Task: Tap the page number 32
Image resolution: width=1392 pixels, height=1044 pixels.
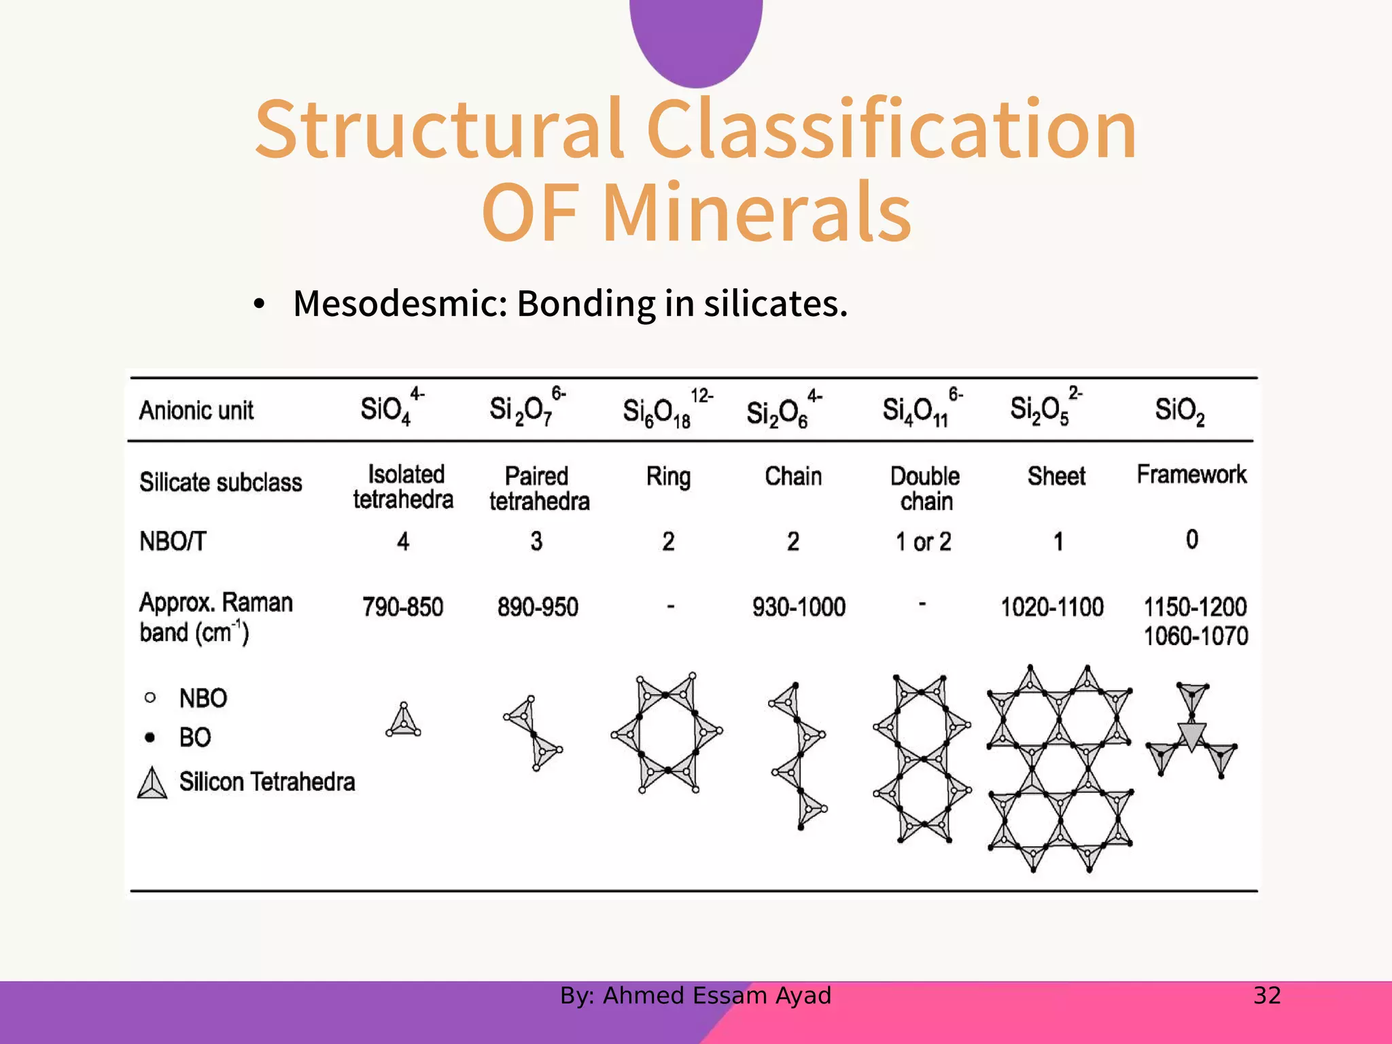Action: click(1267, 996)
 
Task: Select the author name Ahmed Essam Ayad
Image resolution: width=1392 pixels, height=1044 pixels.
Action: click(716, 996)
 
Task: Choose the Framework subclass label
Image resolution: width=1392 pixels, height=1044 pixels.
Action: click(1191, 474)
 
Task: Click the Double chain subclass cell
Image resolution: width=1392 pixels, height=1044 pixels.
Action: click(925, 489)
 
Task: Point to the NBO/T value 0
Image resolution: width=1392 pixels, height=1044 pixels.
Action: click(1191, 540)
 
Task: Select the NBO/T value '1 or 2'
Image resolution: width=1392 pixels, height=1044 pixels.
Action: click(923, 542)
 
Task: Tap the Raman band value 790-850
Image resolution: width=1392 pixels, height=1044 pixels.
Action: click(402, 607)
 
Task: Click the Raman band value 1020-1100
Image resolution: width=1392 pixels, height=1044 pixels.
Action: click(1051, 607)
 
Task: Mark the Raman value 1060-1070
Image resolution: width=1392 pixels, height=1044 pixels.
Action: click(1196, 636)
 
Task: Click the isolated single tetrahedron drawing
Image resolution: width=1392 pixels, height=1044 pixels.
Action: click(404, 720)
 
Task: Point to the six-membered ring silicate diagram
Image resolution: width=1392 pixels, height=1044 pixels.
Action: click(667, 733)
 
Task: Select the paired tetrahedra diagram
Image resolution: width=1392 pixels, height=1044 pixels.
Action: click(534, 733)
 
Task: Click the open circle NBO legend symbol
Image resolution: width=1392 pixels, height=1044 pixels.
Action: click(150, 697)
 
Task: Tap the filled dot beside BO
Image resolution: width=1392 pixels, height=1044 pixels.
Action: click(150, 737)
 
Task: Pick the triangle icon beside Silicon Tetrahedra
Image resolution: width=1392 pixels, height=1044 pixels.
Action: click(152, 783)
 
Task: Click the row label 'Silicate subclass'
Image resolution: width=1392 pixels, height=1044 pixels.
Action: click(221, 482)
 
